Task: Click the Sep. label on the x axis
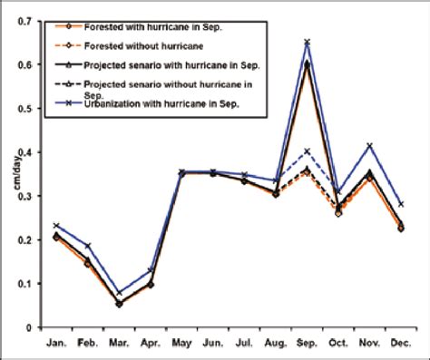pos(308,345)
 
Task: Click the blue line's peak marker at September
pos(308,42)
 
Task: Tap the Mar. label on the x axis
pos(120,345)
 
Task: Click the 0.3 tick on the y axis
pos(29,196)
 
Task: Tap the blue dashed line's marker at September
pos(308,151)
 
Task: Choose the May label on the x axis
pos(183,345)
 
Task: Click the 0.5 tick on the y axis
pos(29,108)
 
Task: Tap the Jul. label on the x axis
pos(245,345)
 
